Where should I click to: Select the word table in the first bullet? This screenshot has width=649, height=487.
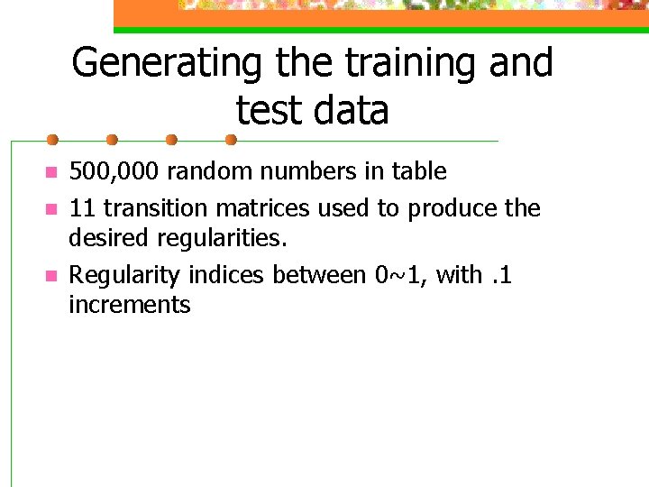click(x=416, y=171)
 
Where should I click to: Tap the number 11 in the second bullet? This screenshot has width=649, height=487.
click(x=81, y=208)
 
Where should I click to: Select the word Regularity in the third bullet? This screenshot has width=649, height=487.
click(x=125, y=274)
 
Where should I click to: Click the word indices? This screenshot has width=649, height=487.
click(x=222, y=274)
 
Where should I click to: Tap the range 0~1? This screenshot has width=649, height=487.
click(x=400, y=274)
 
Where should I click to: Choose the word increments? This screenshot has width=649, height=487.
click(x=130, y=305)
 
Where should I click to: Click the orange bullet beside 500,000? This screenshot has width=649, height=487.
click(x=52, y=171)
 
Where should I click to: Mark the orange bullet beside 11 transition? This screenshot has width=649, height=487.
click(x=52, y=208)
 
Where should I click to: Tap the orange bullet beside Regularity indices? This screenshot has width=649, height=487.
click(x=52, y=274)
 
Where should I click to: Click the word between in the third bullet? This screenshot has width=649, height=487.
click(x=314, y=274)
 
